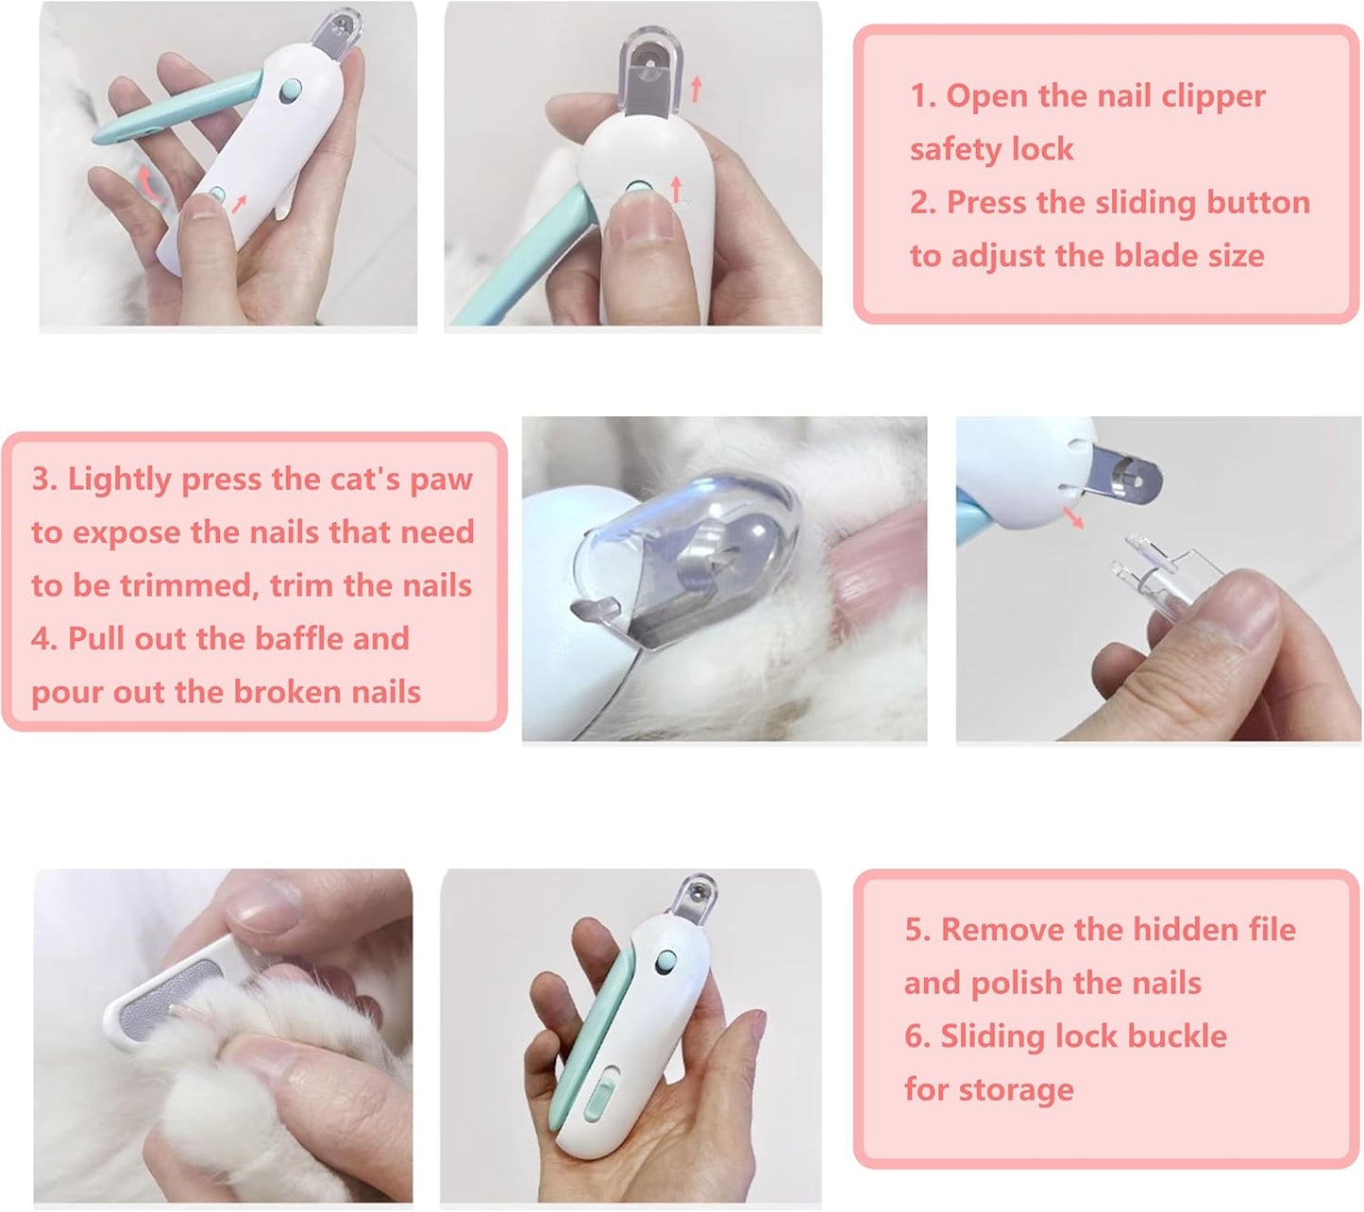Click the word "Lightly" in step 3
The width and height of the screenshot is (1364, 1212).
tap(119, 480)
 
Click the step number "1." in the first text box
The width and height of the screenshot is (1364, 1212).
tap(923, 96)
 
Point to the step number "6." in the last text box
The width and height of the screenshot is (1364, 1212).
tap(918, 1036)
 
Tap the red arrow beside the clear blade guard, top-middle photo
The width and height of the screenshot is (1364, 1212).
tap(696, 90)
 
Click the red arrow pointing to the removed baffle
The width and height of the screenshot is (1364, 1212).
tap(1071, 517)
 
